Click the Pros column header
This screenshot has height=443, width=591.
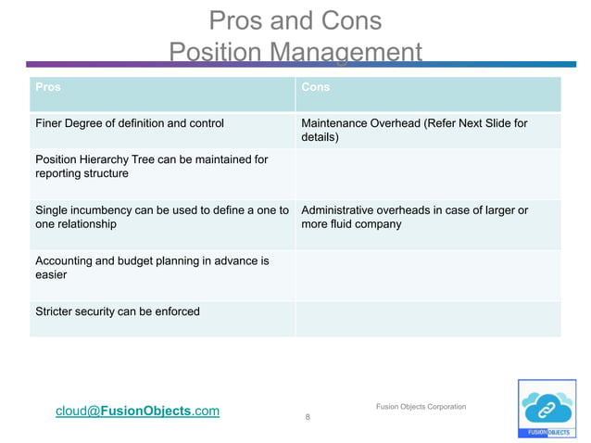coord(48,87)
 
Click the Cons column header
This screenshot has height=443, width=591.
coord(316,87)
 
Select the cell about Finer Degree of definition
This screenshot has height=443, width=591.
coord(129,122)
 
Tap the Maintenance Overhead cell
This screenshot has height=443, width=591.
coord(414,130)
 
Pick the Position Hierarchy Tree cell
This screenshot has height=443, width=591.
coord(151,167)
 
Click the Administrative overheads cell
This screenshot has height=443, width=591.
coord(414,217)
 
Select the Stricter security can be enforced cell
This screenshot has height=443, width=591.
coord(118,311)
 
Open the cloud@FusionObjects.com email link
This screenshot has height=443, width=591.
coord(138,411)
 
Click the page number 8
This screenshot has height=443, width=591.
coord(308,418)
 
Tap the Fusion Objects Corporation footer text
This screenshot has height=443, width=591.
coord(421,407)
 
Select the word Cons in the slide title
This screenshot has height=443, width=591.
coord(349,20)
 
